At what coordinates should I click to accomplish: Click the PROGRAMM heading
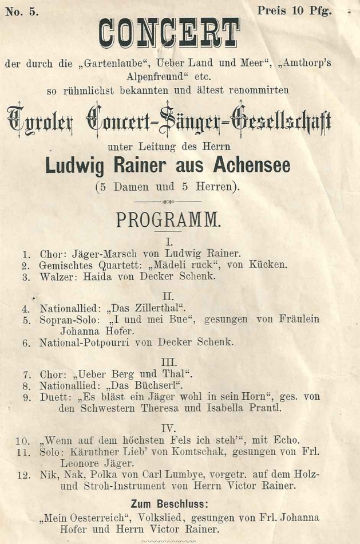pyautogui.click(x=168, y=220)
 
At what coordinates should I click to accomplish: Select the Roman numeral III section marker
pyautogui.click(x=168, y=362)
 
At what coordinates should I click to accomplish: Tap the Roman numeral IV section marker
pyautogui.click(x=168, y=428)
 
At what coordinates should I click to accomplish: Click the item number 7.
pyautogui.click(x=26, y=375)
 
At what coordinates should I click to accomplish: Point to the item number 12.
pyautogui.click(x=23, y=475)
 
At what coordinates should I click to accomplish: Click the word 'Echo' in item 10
pyautogui.click(x=284, y=440)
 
